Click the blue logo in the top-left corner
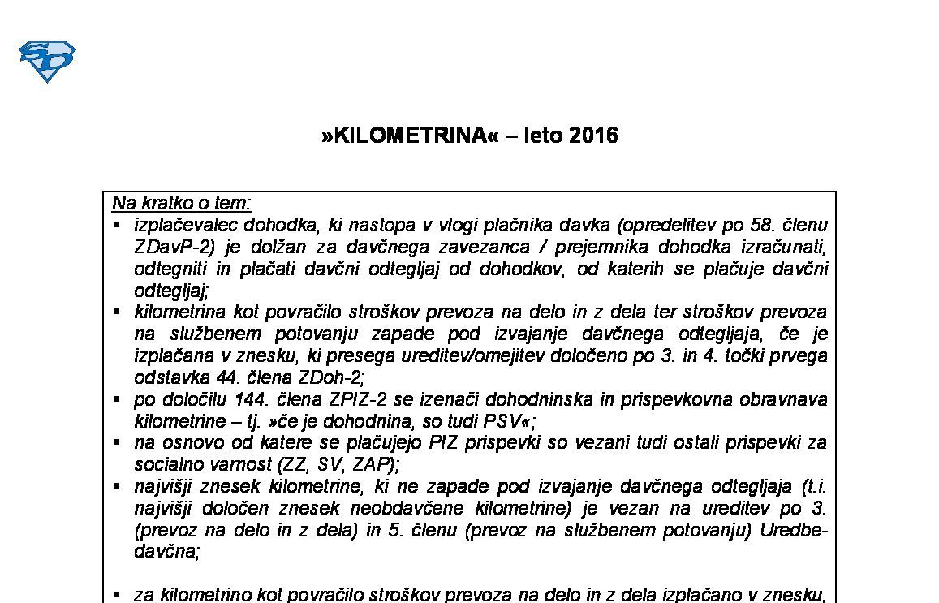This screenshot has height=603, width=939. tap(47, 62)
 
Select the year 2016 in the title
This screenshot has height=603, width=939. tap(593, 136)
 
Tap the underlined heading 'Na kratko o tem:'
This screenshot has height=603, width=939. tap(182, 203)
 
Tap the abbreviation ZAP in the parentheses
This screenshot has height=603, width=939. tap(371, 465)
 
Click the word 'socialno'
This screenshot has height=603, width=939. tap(167, 465)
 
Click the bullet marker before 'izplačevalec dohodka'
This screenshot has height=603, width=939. tap(117, 224)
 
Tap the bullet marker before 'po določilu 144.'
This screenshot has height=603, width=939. tap(117, 398)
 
